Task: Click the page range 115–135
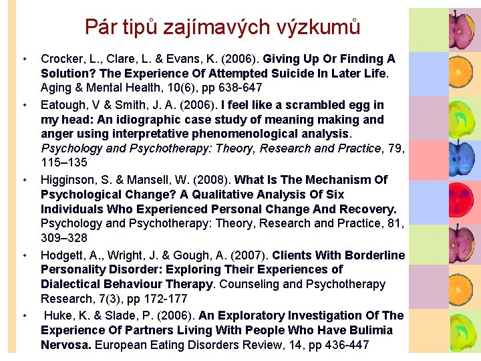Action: [x=64, y=163]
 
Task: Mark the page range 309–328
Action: [x=65, y=238]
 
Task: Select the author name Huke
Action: [x=57, y=316]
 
